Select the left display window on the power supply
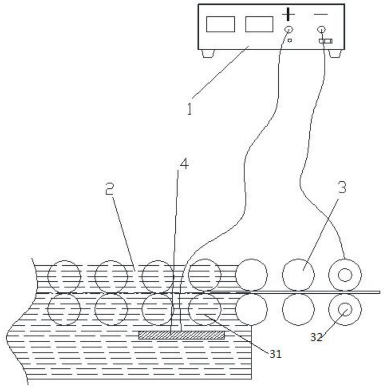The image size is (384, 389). [220, 24]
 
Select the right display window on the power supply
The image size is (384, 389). [259, 24]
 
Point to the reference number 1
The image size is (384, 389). [189, 109]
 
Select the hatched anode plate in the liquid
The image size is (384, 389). [182, 335]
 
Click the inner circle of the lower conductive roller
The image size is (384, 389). [345, 309]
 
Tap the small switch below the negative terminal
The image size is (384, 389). [325, 41]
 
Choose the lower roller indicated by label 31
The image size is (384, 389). [204, 309]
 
